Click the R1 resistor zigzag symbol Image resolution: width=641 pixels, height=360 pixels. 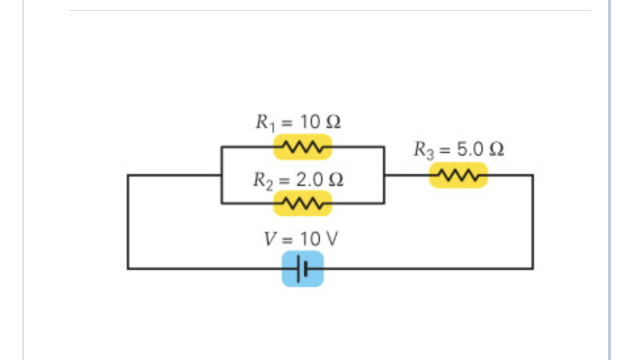pos(302,146)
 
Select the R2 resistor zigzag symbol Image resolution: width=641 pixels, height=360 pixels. pos(302,203)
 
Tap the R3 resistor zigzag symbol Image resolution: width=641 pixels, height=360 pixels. pos(458,175)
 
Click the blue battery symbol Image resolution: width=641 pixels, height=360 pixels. pos(303,268)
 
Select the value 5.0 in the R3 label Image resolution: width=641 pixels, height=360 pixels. pos(470,149)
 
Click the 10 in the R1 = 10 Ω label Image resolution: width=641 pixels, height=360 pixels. pos(309,122)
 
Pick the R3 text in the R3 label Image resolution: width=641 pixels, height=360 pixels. pos(421,150)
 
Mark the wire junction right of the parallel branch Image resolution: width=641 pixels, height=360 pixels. pos(384,175)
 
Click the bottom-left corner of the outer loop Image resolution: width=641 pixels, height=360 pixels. pos(128,268)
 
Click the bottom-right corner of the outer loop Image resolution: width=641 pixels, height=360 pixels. pos(533,268)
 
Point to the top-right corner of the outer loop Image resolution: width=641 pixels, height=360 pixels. pos(533,175)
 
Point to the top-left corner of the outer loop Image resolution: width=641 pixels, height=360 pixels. pos(128,175)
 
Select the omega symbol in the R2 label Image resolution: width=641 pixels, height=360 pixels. pos(336,179)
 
